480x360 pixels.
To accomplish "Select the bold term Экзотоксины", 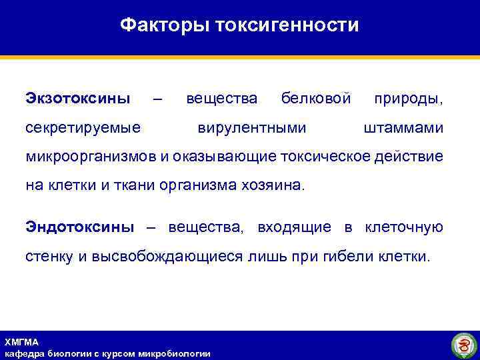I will pyautogui.click(x=78, y=99).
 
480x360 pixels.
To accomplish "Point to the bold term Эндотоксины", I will pyautogui.click(x=79, y=227).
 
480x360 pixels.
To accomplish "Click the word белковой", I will pyautogui.click(x=316, y=99).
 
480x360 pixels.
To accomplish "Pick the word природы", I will pyautogui.click(x=408, y=99).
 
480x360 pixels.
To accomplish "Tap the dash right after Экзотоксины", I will pyautogui.click(x=157, y=99).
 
